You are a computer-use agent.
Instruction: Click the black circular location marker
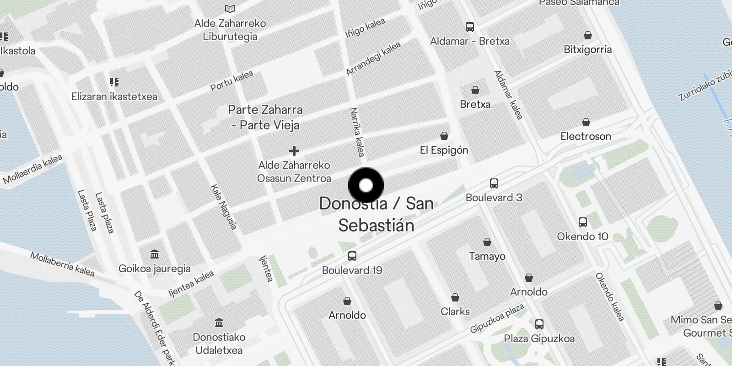[366, 185]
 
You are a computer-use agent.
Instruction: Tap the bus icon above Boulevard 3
[494, 183]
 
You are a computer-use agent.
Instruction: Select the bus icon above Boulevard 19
[352, 256]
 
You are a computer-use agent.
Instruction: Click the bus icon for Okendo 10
[582, 222]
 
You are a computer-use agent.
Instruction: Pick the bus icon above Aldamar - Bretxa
[470, 27]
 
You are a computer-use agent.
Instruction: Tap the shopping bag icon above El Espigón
[444, 136]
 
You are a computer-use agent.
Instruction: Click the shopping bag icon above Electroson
[586, 122]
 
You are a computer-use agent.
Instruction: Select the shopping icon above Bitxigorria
[588, 35]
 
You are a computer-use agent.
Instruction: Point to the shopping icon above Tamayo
[487, 242]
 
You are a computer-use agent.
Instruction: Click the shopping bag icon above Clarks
[455, 298]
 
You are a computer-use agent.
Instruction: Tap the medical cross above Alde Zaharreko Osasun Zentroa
[294, 151]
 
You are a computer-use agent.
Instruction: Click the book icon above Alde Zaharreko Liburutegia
[230, 9]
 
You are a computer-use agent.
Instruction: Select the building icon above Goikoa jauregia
[155, 254]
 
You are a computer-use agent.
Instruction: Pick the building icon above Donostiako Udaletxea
[219, 323]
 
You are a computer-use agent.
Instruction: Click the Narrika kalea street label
[357, 132]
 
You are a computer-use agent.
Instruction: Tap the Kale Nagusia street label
[224, 207]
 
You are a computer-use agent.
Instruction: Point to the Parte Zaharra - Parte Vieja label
[266, 117]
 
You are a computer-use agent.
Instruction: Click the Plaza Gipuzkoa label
[539, 339]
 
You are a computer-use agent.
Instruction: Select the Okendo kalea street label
[610, 296]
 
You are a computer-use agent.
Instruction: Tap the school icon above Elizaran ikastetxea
[114, 82]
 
